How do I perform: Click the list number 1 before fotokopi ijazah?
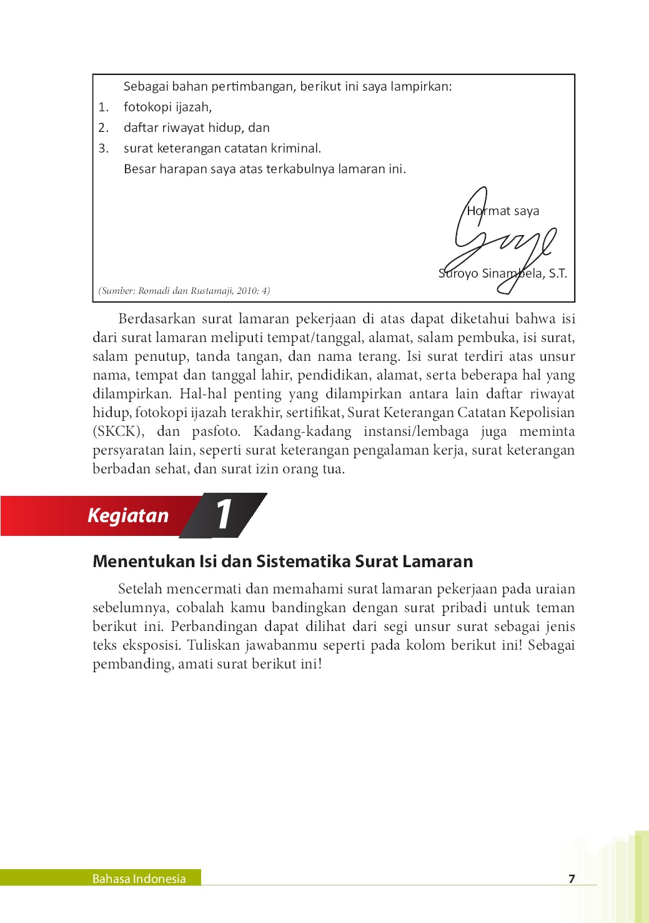tap(103, 108)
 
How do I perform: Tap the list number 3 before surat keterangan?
tap(103, 149)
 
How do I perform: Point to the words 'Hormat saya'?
tap(503, 211)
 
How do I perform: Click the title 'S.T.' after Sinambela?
tap(558, 273)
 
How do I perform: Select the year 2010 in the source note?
tap(248, 291)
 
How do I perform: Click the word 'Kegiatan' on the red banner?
tap(128, 515)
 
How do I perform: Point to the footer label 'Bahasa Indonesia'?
tap(139, 879)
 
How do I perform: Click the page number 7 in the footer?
tap(572, 879)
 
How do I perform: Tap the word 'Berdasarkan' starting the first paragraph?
tap(156, 319)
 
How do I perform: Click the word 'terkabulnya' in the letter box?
tap(300, 169)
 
